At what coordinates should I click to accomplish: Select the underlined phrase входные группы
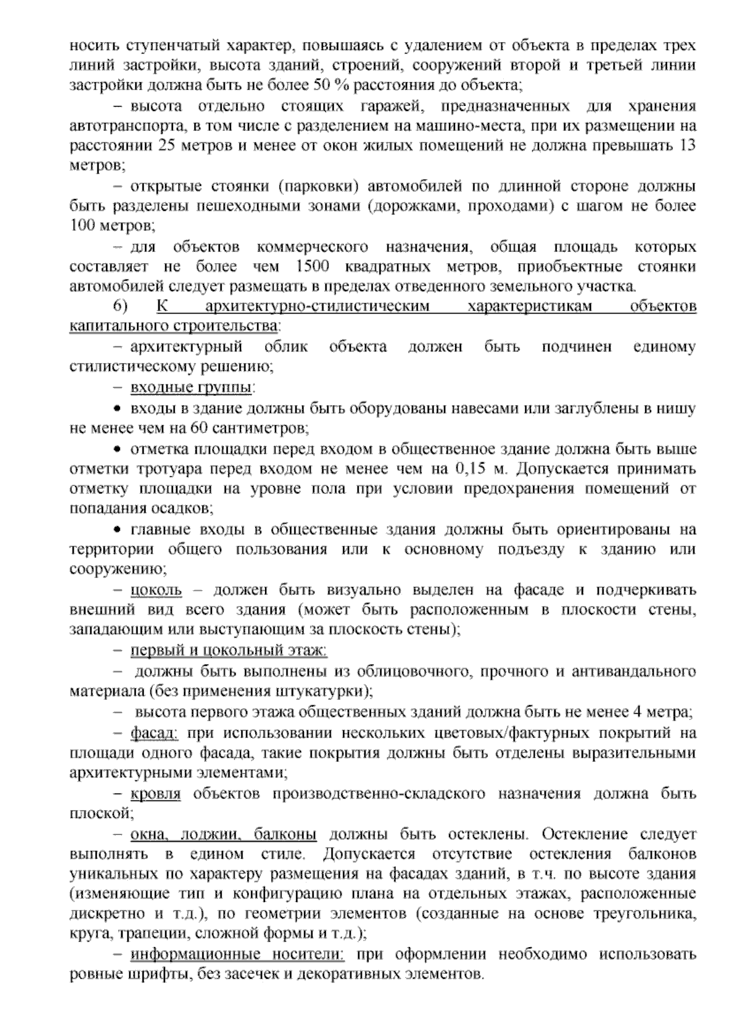point(192,387)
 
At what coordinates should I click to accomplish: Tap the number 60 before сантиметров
point(199,428)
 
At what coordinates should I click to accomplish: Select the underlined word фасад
point(153,732)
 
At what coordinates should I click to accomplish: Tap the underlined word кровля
point(156,794)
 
